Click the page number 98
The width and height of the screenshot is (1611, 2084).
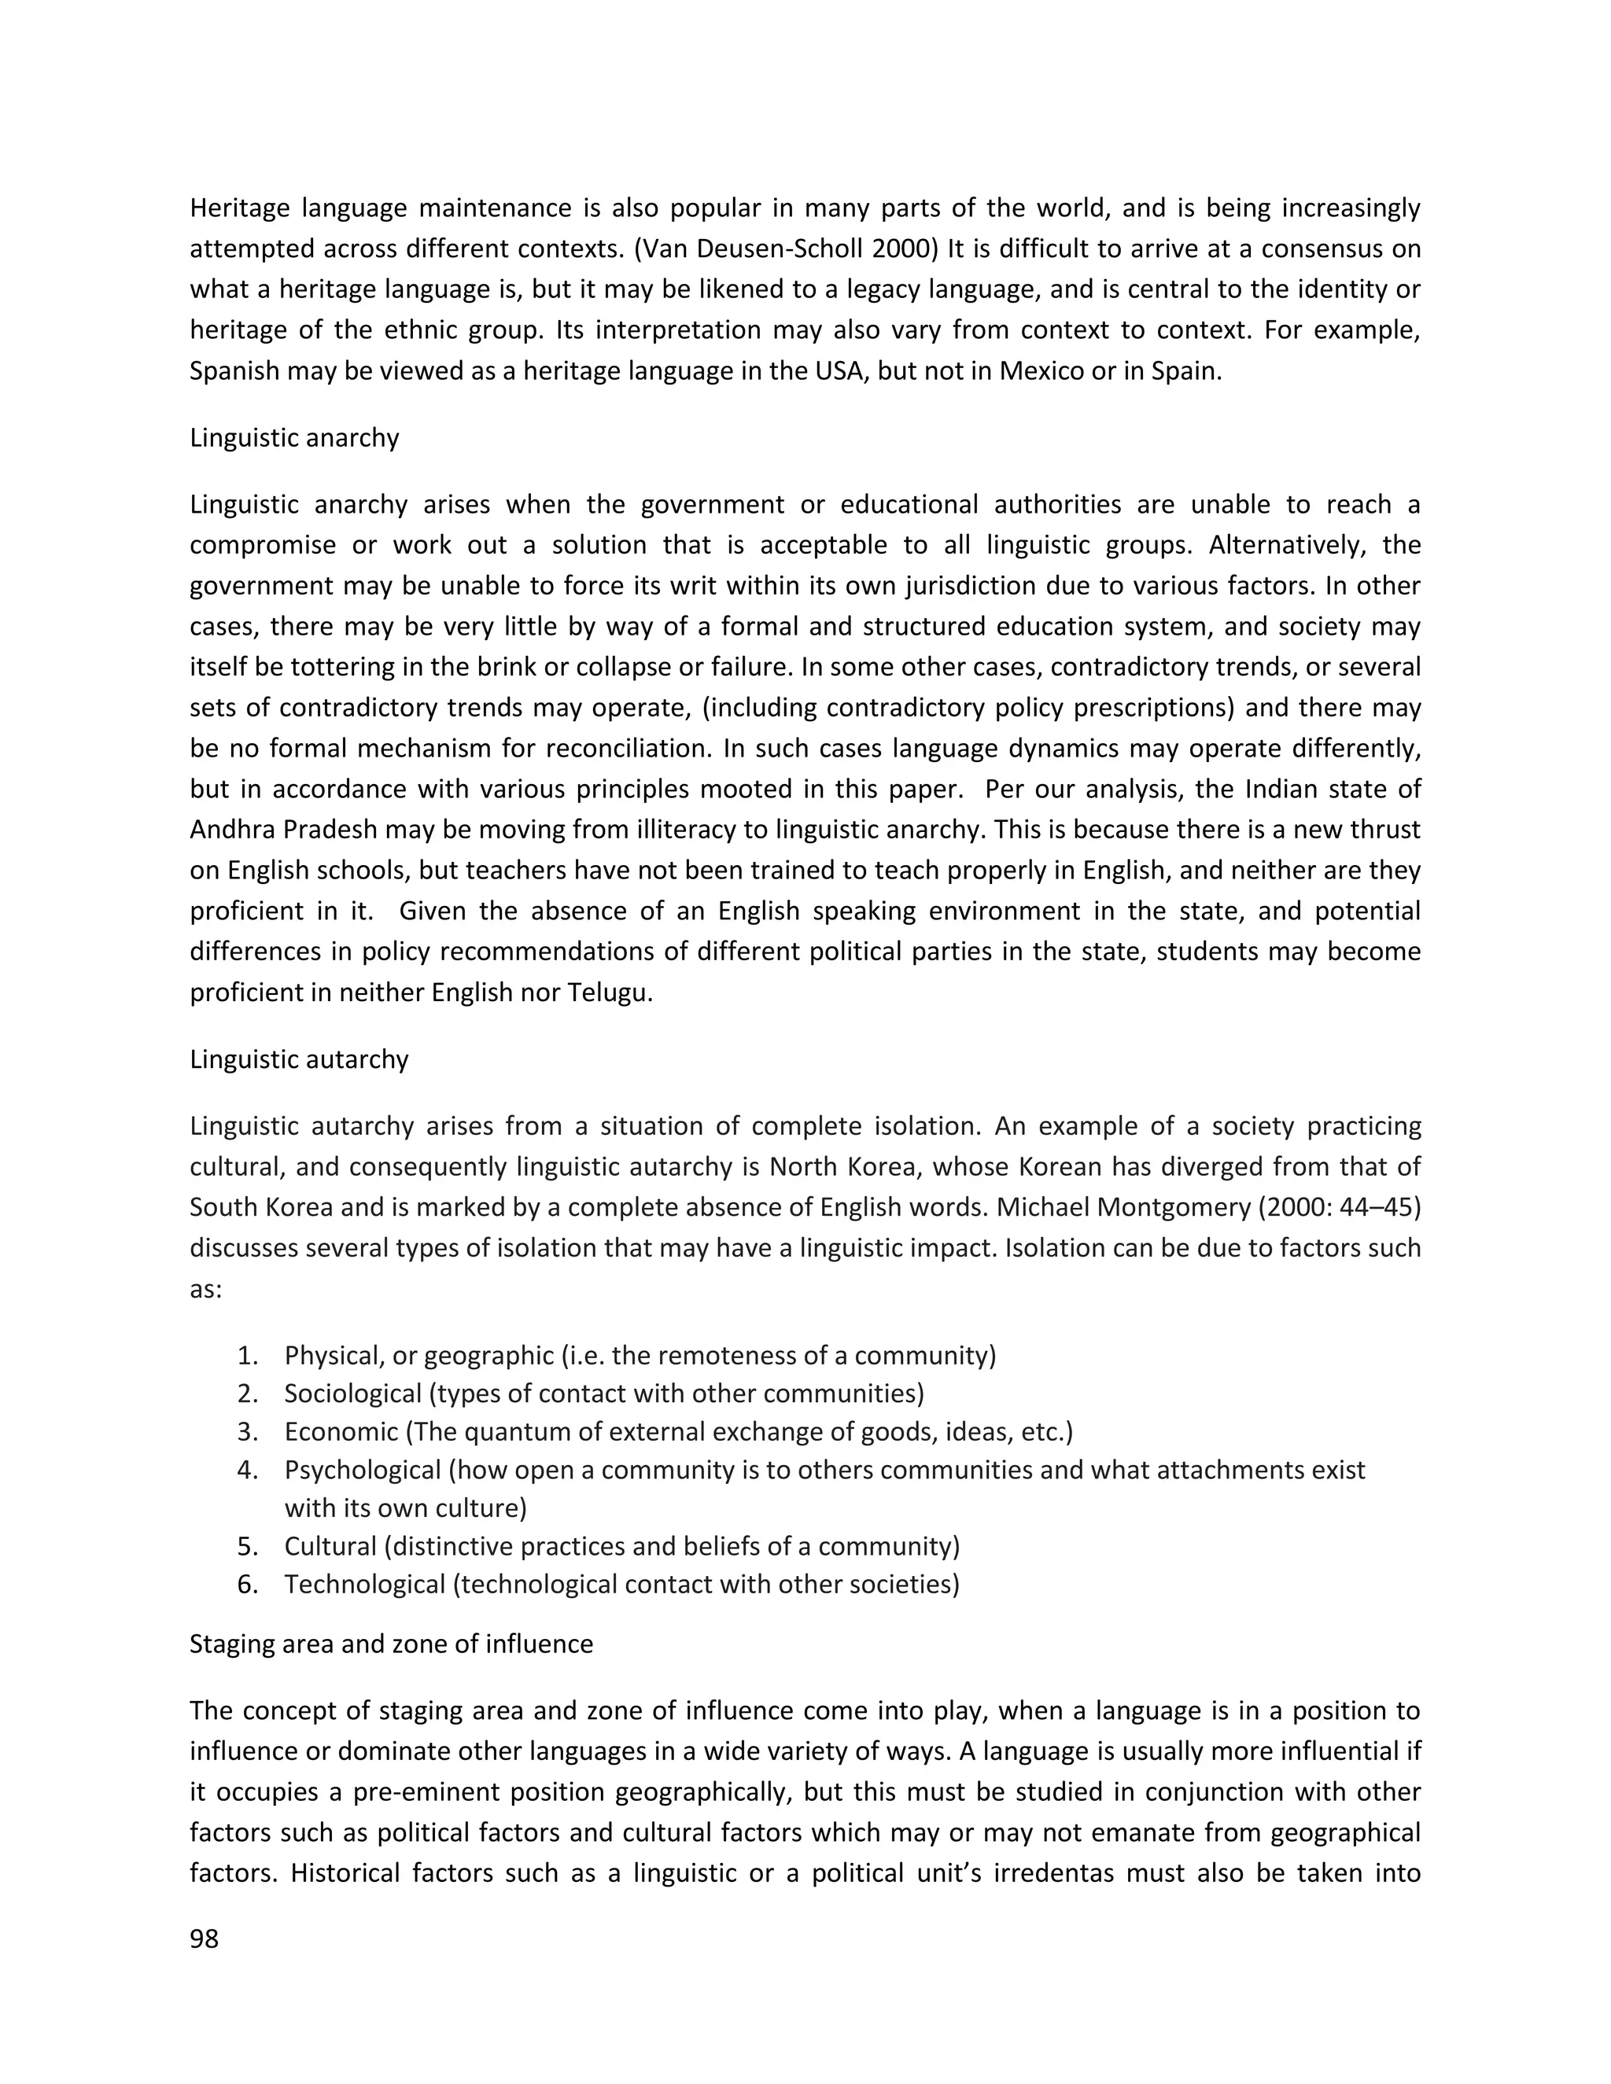[205, 1939]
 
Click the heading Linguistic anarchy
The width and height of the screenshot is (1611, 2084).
[294, 437]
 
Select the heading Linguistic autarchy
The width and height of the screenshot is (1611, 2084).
[299, 1059]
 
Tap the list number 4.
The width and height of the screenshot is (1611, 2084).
[247, 1470]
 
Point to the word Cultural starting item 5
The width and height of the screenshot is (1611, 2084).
[330, 1546]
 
